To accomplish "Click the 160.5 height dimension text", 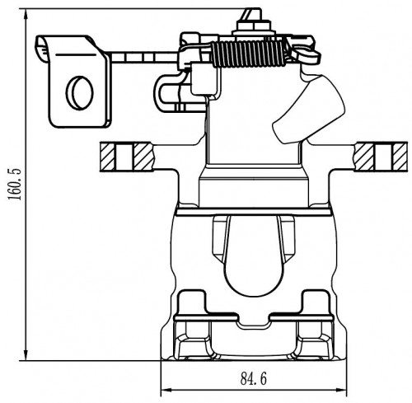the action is pos(15,184).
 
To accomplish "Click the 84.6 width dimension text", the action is pos(254,378).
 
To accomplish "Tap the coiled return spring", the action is pos(249,54).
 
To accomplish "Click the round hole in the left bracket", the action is pos(80,93).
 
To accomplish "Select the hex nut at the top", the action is pos(254,26).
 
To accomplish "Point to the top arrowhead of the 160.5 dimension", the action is pos(26,13).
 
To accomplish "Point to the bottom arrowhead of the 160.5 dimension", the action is pos(26,356).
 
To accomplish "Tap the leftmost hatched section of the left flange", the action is pos(107,157).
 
